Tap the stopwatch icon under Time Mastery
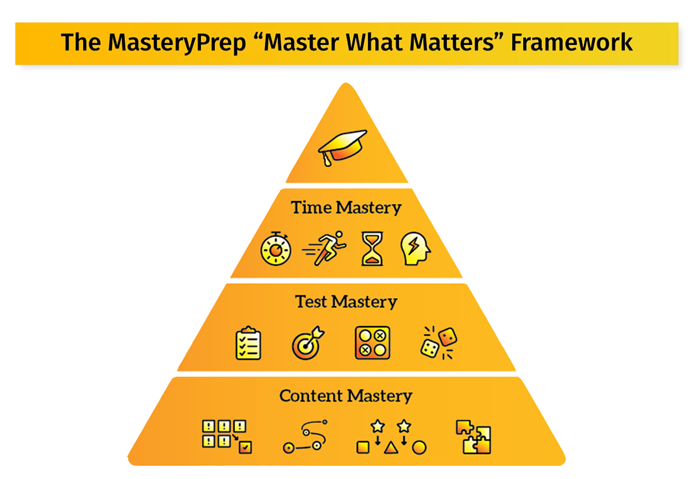coord(275,249)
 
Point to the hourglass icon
coord(372,248)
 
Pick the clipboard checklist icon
coord(248,344)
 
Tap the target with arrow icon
coord(308,343)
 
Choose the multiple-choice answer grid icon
coord(372,343)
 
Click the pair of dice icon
coord(439,343)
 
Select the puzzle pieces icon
coord(473,437)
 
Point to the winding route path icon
coord(305,437)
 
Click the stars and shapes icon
coord(391,437)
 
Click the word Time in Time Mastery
coord(311,208)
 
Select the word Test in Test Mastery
coord(311,302)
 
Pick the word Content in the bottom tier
coord(311,396)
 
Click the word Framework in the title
coord(571,42)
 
